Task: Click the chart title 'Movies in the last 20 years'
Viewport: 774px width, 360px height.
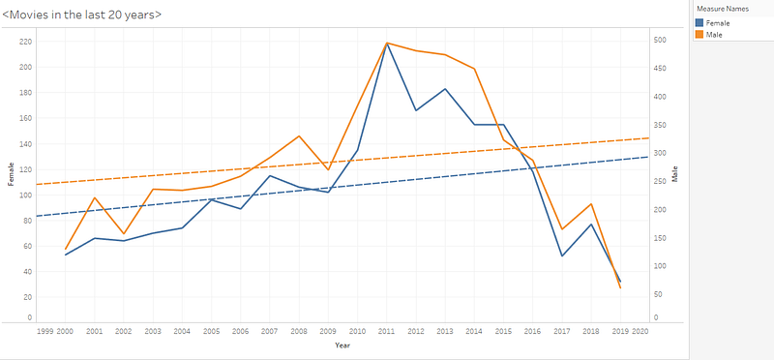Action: (82, 15)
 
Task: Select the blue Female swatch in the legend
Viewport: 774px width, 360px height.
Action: (700, 22)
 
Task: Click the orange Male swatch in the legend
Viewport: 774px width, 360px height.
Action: (700, 35)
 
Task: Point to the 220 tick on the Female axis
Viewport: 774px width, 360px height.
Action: (26, 42)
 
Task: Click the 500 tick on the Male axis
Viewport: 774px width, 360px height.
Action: (660, 40)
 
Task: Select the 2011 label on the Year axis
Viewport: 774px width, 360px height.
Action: (386, 331)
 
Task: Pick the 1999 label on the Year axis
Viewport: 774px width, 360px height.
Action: (45, 331)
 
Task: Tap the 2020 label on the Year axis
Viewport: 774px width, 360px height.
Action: (640, 331)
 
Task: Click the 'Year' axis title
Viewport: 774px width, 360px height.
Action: (342, 345)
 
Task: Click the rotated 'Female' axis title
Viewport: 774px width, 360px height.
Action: (11, 174)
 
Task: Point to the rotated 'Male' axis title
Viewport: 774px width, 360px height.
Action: (674, 174)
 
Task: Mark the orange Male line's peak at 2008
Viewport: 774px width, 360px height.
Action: (299, 135)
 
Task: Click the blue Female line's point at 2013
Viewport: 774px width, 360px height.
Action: (445, 89)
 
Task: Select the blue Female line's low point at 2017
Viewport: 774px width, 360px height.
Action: (562, 255)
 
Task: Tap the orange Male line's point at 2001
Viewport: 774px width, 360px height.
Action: (94, 197)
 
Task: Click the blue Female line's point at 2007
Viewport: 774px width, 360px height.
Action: (270, 175)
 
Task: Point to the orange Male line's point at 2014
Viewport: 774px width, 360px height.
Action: (474, 69)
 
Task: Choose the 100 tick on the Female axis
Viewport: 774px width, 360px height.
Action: (26, 195)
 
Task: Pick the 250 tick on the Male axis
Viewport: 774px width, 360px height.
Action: (660, 182)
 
